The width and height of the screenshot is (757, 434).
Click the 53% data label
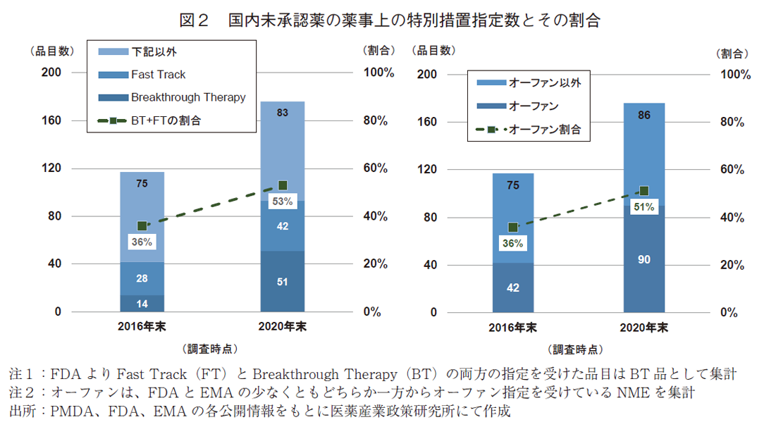tap(283, 202)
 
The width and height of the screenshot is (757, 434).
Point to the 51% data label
tap(644, 207)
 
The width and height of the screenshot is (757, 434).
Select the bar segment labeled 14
tap(142, 303)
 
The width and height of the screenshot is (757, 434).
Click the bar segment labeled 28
tap(142, 278)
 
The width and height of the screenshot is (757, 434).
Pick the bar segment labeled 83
tap(283, 141)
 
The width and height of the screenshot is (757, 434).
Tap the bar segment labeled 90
tap(644, 259)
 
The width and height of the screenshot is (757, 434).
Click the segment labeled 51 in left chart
tap(283, 281)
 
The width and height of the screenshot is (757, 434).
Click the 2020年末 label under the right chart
tap(644, 328)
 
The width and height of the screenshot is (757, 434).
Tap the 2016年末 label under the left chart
tap(142, 326)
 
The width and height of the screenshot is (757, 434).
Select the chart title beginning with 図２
tap(378, 20)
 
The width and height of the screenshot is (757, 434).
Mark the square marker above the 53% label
tap(283, 185)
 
